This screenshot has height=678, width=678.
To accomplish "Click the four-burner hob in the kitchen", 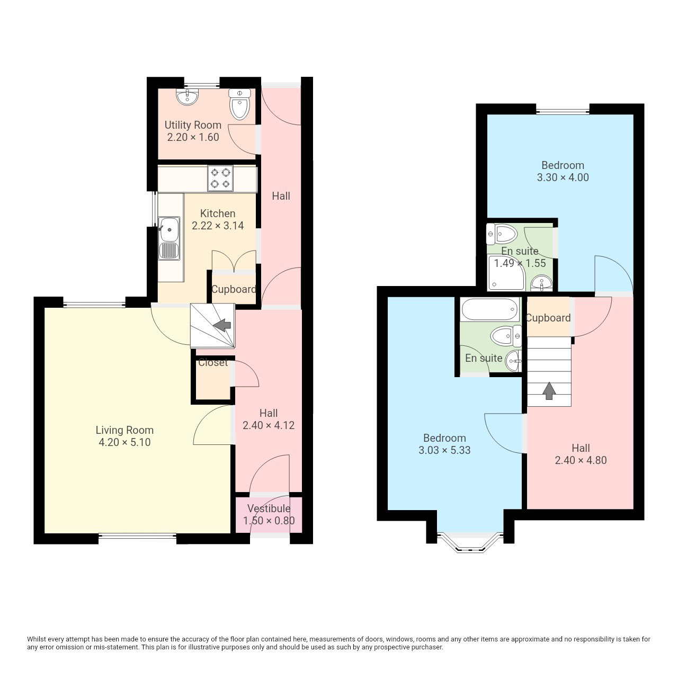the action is (220, 178).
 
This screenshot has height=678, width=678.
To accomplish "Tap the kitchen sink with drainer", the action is (169, 238).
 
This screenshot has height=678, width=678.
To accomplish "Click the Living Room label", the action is (124, 430).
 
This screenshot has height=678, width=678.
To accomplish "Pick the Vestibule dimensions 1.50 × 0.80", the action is (269, 521).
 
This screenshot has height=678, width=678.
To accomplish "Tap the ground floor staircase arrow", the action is (221, 325).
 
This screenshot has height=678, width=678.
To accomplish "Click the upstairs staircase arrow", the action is (549, 391).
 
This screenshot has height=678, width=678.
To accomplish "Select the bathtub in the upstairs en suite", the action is (490, 309).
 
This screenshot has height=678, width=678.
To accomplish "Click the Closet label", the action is (213, 362).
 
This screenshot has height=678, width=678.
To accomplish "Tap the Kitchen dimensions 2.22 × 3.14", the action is (218, 226).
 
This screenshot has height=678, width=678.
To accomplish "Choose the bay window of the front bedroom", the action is (470, 542).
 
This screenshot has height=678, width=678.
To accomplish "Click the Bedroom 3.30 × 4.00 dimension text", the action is (563, 177).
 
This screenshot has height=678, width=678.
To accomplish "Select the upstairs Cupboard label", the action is (548, 318).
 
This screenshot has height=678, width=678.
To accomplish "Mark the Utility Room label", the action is (193, 125).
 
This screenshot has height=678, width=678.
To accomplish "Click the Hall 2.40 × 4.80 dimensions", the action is (581, 460).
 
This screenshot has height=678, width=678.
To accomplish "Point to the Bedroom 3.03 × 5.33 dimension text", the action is (444, 450).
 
